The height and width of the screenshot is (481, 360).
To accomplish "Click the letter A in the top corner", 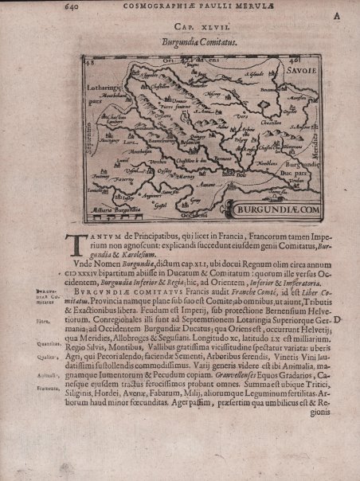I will tap(336, 14).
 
